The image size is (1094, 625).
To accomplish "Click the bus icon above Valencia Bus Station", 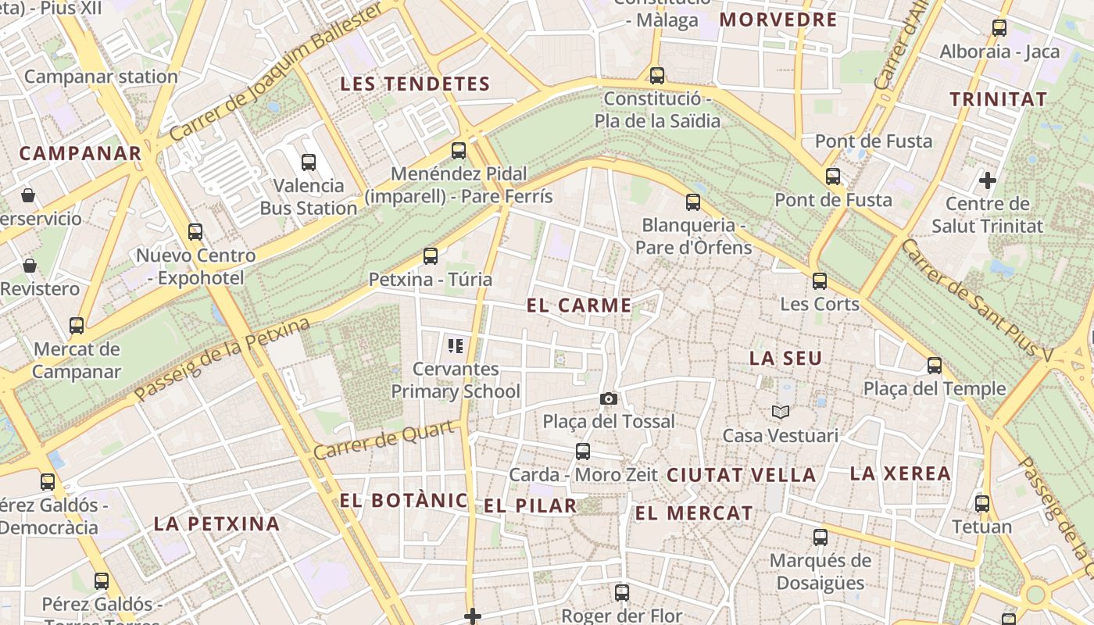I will point(309,162).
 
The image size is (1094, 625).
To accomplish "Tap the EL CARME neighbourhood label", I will point(579,305).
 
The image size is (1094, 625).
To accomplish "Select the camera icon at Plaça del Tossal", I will point(609,399).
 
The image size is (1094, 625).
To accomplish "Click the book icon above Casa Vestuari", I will point(780,412).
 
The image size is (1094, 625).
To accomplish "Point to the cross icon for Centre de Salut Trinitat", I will point(988,180).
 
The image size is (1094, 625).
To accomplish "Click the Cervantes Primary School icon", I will point(456,345).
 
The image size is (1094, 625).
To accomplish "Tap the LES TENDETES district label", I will point(415,84).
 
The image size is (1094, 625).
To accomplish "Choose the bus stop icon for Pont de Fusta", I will point(833,177).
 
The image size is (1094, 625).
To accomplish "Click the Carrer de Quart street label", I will point(384,441).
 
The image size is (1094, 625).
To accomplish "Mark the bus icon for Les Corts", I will point(820,281).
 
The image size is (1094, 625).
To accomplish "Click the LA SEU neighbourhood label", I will point(785,359).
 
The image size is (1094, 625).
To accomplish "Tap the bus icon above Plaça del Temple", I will point(935,366).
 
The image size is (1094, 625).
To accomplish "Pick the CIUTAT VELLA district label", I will point(741,475).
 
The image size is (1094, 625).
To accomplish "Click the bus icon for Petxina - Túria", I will point(430,256).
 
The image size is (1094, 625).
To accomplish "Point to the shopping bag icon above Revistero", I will point(30,266).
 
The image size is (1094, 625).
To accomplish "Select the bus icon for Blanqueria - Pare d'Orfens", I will point(693,202).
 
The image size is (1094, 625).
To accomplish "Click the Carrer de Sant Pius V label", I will point(976,301).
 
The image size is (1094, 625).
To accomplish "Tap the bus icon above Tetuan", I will point(982,504).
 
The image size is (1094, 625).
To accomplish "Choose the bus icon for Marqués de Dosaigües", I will point(820,537).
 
